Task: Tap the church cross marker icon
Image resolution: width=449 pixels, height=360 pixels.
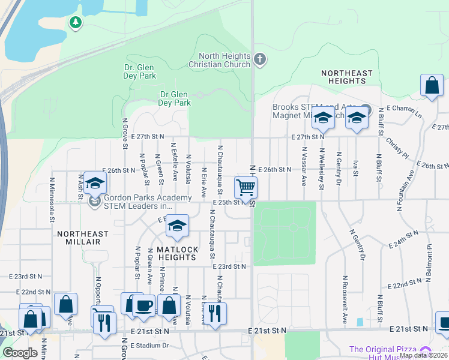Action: pos(259,59)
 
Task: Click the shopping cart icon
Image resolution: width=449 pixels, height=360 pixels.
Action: pos(246,187)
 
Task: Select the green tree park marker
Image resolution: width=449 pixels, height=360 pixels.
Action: pos(75,23)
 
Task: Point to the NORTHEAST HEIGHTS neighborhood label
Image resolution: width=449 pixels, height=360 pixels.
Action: pos(346,77)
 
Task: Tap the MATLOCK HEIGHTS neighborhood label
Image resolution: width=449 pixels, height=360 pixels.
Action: pos(176,253)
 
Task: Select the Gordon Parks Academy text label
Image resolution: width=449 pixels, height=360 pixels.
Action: pos(148,202)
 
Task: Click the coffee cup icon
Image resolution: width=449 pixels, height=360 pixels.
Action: pos(144,305)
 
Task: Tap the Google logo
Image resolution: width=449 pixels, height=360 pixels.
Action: pos(20,352)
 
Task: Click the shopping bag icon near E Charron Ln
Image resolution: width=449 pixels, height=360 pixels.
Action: pos(432,86)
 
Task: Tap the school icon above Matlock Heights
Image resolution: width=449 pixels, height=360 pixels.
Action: pos(177,226)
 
